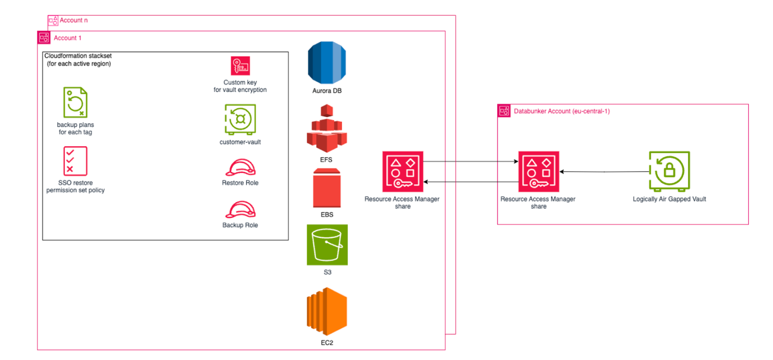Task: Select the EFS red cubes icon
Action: pos(326,128)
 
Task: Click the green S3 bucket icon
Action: pos(327,245)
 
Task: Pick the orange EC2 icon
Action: pos(327,311)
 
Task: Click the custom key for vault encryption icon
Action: pos(240,66)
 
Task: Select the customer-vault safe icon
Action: pos(240,119)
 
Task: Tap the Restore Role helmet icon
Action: pos(240,167)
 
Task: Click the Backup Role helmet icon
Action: pos(240,209)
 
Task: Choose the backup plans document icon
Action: pos(75,102)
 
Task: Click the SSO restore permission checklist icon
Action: pos(75,161)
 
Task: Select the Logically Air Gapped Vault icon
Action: pos(669,171)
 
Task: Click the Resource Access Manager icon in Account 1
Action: pos(402,171)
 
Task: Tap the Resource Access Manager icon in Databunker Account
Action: pos(538,171)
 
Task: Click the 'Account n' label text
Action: pos(73,20)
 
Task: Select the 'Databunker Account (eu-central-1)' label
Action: pos(561,111)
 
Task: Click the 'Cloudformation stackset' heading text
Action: pos(77,57)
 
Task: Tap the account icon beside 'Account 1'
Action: pos(44,38)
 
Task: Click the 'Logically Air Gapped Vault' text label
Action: pos(669,199)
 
